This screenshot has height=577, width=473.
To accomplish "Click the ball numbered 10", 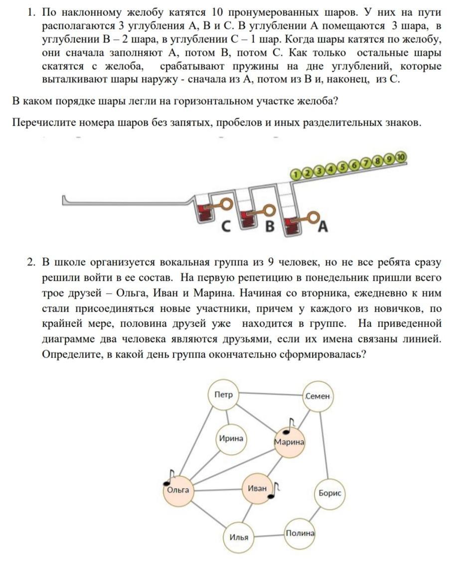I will tap(401, 157).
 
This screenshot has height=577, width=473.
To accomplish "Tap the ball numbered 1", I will tap(296, 174).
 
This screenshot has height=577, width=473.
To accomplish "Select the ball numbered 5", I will tap(342, 167).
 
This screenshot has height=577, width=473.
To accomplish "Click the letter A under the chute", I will tap(322, 227).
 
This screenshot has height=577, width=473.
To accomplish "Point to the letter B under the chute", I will tap(269, 226).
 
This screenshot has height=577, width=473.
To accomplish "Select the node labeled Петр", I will tap(223, 394).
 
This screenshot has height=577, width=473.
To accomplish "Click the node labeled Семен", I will tap(317, 396).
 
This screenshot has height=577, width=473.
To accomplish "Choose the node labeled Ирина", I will tap(231, 439).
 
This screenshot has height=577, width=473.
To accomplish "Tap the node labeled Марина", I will tap(289, 442).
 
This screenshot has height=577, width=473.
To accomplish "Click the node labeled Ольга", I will tap(178, 490).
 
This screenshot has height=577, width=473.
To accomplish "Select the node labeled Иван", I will tap(257, 488).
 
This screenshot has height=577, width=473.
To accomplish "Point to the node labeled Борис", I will tap(330, 493).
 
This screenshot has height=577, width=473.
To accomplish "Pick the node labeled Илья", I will tap(239, 537).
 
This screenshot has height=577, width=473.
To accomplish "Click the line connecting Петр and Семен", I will tap(270, 394).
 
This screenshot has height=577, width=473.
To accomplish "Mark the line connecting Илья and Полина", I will tap(269, 536).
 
